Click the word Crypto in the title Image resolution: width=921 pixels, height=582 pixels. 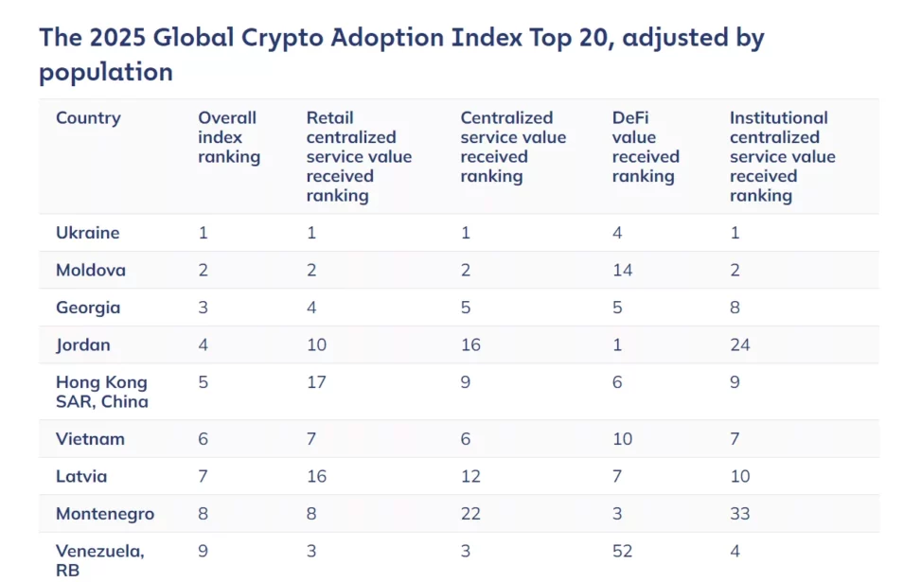tap(281, 39)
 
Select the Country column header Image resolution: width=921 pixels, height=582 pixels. tap(88, 118)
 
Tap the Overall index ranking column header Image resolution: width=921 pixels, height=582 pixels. tap(229, 137)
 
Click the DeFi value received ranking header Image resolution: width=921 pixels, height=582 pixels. tap(646, 147)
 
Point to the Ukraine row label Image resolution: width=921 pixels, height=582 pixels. tap(87, 233)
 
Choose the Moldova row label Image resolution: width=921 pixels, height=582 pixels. tap(91, 270)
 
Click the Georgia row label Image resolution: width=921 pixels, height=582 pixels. tap(88, 308)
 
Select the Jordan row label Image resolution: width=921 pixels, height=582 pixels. tap(82, 344)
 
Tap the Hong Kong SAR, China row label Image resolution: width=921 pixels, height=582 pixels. tap(101, 392)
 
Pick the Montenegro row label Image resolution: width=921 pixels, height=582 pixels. tap(105, 514)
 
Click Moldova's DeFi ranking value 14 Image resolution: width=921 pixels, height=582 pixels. tap(622, 270)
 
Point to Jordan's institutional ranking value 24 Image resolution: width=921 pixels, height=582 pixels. tap(739, 344)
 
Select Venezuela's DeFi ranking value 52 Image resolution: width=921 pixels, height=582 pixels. tap(622, 551)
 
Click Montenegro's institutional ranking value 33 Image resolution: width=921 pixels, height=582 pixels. tap(739, 514)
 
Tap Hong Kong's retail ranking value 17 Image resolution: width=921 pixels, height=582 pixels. tap(316, 382)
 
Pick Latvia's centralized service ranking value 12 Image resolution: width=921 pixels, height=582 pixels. tap(470, 476)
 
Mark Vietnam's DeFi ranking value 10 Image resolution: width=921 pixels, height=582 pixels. tap(622, 439)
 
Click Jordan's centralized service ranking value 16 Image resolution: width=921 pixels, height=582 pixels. tap(470, 344)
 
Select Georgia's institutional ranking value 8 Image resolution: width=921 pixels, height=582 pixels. tap(735, 308)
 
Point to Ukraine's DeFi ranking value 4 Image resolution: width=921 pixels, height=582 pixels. tap(617, 233)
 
